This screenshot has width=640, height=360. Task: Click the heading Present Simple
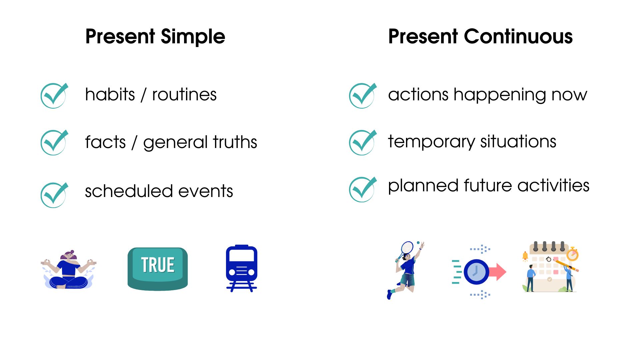tap(155, 36)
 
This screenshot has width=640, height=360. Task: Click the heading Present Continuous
tap(480, 36)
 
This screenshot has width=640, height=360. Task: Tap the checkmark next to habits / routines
tap(54, 95)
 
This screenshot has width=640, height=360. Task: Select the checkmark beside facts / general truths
tap(54, 142)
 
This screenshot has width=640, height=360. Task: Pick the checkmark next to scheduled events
tap(54, 195)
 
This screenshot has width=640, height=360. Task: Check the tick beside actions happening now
tap(362, 95)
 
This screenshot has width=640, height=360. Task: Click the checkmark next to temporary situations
tap(362, 142)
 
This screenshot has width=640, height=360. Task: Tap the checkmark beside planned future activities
tap(362, 189)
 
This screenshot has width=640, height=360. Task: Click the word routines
tap(184, 95)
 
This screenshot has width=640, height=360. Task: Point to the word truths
tap(235, 142)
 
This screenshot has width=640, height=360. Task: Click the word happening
tap(499, 95)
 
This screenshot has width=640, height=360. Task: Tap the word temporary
tap(431, 142)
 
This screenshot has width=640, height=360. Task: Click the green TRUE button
tap(158, 268)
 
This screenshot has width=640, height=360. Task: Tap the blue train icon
tap(242, 268)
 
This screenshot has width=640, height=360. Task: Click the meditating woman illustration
tap(68, 270)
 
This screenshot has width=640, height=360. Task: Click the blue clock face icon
tap(476, 272)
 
